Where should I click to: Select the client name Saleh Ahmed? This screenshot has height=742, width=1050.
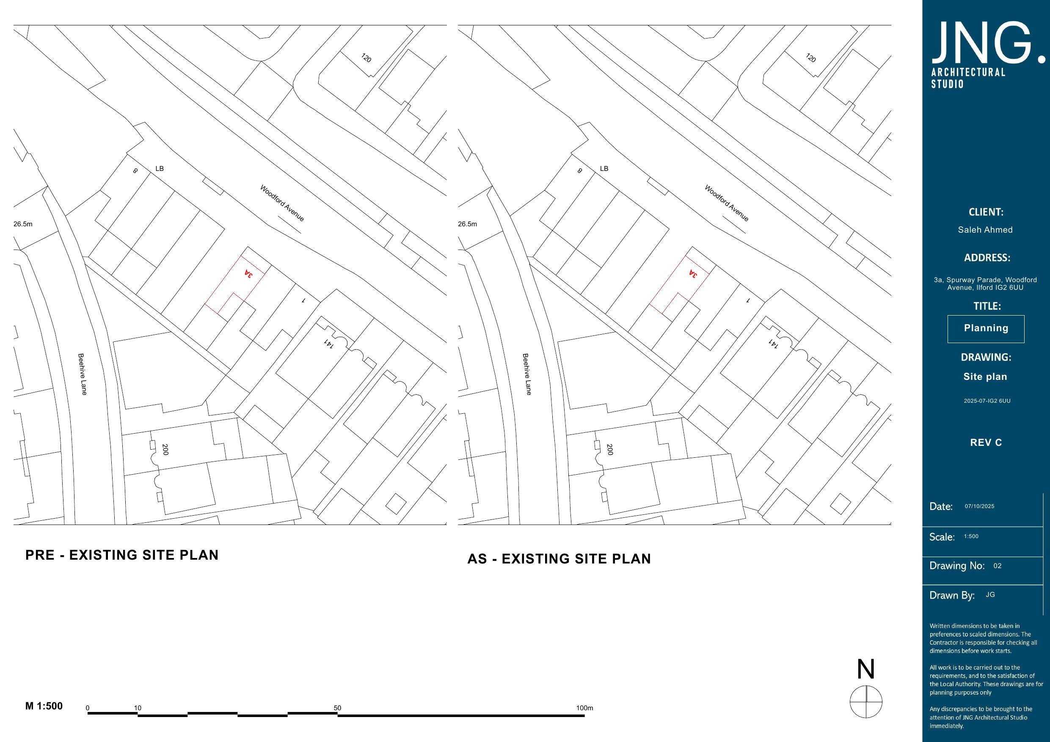pos(985,230)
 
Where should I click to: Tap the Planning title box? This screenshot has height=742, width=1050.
pos(986,328)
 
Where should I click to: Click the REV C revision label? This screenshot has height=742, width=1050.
pos(986,442)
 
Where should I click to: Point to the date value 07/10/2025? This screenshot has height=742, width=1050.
pos(979,506)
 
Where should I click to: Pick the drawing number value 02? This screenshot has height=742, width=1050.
pos(998,566)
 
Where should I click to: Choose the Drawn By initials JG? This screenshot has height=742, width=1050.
pos(990,595)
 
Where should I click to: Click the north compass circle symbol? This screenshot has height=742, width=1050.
pos(866,702)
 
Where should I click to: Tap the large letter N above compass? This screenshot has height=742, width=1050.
pos(865,670)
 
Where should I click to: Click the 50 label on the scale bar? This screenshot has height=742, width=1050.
pos(337,708)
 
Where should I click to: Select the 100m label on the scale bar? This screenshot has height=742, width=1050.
pos(584,708)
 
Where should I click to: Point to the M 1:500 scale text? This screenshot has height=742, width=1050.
pos(44,706)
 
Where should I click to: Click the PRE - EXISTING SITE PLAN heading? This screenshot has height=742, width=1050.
pos(121,555)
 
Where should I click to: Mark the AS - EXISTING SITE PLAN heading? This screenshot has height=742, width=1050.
pos(559,559)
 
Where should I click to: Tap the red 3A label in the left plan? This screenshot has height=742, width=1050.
pos(248,274)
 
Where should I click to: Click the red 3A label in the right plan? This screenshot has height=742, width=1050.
pos(693,274)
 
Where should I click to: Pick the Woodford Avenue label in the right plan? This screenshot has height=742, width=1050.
pos(726,203)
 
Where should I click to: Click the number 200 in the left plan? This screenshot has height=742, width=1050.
pos(165,449)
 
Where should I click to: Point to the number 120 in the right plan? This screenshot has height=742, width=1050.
pos(810,58)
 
